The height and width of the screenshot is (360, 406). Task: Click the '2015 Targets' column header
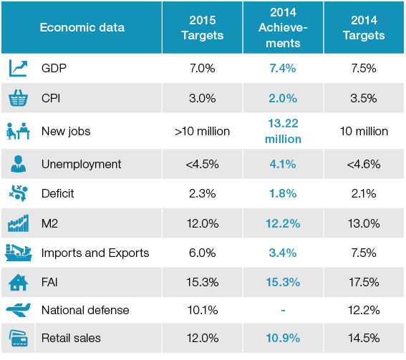(203, 28)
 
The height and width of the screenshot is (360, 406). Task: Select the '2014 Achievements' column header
(283, 28)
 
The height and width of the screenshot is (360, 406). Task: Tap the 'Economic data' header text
(82, 27)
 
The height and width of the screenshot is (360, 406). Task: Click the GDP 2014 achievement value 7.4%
(283, 68)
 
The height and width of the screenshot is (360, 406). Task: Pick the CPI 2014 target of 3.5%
(364, 98)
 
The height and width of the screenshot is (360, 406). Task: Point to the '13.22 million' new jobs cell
(283, 131)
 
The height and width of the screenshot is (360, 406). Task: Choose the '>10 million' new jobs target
(202, 131)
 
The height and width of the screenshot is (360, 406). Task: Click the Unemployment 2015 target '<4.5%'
(202, 164)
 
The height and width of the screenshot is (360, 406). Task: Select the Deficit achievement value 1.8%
(283, 193)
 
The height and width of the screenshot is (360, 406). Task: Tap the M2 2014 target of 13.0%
(364, 223)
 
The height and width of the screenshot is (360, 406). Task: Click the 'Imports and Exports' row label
(95, 253)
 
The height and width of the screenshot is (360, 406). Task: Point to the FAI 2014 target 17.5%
(364, 282)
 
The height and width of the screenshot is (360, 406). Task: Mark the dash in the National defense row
(283, 310)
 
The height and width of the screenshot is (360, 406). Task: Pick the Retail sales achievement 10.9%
(283, 338)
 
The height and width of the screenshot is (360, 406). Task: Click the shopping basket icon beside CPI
(18, 98)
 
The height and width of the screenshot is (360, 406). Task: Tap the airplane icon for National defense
(18, 310)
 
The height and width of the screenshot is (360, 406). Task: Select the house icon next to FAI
(18, 283)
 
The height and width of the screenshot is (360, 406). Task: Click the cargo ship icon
(18, 253)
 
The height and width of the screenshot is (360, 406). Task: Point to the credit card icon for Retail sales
(19, 338)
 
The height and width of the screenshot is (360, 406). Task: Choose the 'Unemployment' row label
(81, 164)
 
